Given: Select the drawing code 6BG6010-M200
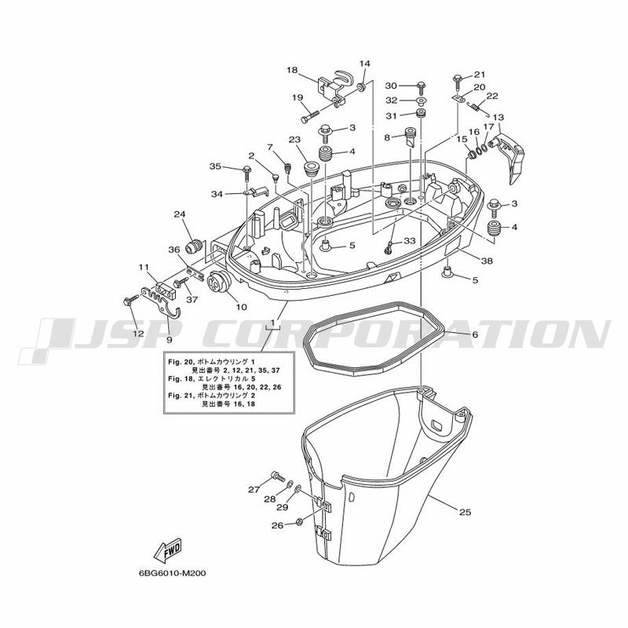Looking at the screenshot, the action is (x=172, y=584).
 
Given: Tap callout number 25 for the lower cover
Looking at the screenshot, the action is (x=465, y=512).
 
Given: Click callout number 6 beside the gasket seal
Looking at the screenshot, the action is (x=475, y=334).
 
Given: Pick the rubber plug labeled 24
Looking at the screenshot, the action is (x=195, y=246).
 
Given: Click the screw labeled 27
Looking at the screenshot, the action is (x=277, y=476).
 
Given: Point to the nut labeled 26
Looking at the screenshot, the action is (x=298, y=522).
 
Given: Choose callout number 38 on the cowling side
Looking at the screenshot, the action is (x=487, y=261).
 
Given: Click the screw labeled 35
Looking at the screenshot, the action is (x=246, y=171).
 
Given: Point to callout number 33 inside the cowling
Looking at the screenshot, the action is (x=409, y=241).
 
